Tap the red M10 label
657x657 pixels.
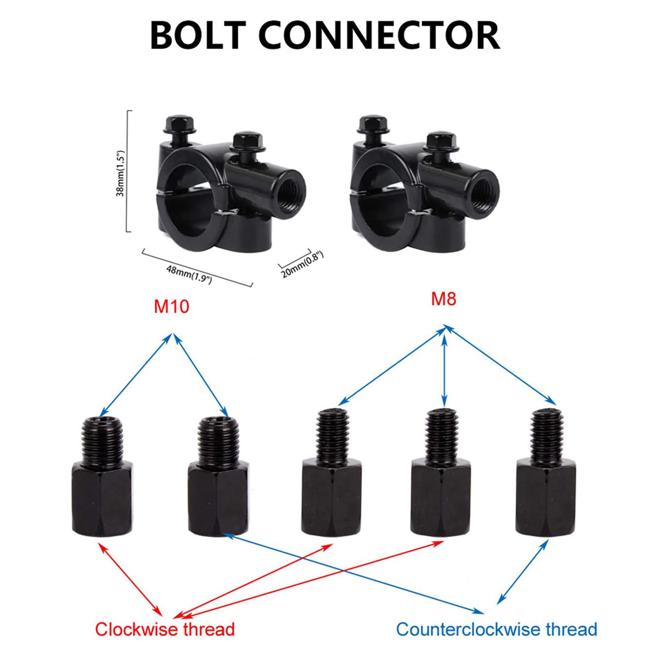(171, 307)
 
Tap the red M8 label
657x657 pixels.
(443, 299)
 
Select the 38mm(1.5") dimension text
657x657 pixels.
(120, 173)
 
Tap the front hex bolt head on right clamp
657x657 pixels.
(441, 142)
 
